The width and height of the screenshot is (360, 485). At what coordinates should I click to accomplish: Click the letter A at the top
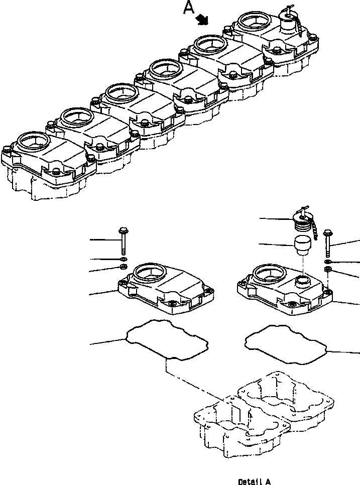pyautogui.click(x=188, y=8)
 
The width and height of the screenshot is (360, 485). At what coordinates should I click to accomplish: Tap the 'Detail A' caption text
pyautogui.click(x=254, y=481)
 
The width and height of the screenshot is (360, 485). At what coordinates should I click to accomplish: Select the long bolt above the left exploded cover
pyautogui.click(x=124, y=240)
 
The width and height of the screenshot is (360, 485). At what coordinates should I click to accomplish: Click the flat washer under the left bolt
pyautogui.click(x=124, y=259)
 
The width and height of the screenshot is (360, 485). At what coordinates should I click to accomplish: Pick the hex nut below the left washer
pyautogui.click(x=124, y=266)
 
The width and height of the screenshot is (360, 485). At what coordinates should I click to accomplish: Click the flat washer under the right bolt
pyautogui.click(x=327, y=262)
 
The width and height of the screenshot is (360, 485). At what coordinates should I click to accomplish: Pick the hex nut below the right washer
pyautogui.click(x=327, y=270)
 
